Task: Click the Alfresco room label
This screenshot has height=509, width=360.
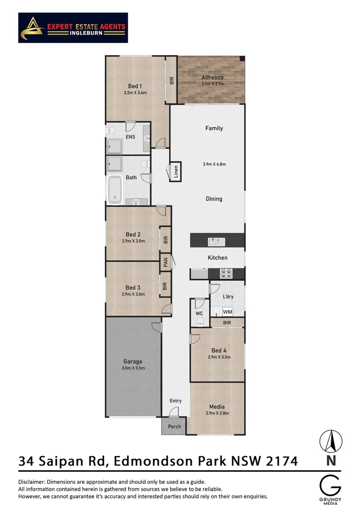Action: pyautogui.click(x=212, y=77)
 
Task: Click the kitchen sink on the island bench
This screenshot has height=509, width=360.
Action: pyautogui.click(x=217, y=241)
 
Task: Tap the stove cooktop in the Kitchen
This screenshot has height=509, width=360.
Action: pyautogui.click(x=226, y=273)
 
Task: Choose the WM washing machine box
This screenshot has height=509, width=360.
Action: pyautogui.click(x=228, y=312)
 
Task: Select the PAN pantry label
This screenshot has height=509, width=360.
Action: pyautogui.click(x=165, y=263)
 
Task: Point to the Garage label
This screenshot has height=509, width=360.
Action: pyautogui.click(x=133, y=361)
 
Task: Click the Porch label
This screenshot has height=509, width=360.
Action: pyautogui.click(x=174, y=427)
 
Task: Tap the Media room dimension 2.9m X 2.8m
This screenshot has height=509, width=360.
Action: pyautogui.click(x=217, y=413)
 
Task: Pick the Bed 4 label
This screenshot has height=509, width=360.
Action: pyautogui.click(x=219, y=350)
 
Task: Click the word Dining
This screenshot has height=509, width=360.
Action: pyautogui.click(x=214, y=199)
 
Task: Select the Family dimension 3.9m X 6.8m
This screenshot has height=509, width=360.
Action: pyautogui.click(x=214, y=164)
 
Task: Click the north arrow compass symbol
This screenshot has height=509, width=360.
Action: pyautogui.click(x=331, y=442)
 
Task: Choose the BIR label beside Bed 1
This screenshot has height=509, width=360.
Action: pyautogui.click(x=172, y=81)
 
